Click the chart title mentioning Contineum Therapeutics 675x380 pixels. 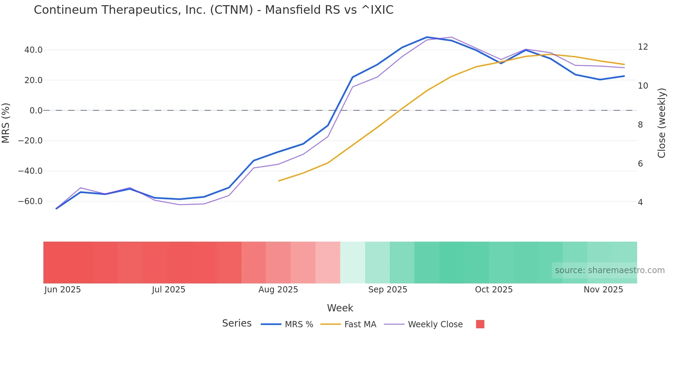click(x=214, y=10)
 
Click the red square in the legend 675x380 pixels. click(x=480, y=324)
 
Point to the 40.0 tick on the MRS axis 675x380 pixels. click(x=33, y=50)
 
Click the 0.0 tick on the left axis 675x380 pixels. click(x=36, y=111)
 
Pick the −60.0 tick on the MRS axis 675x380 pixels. click(x=30, y=201)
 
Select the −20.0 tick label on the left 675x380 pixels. click(x=30, y=141)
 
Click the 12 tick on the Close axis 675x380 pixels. click(x=643, y=47)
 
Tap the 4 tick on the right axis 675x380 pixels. click(x=640, y=202)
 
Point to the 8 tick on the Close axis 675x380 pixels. click(x=640, y=125)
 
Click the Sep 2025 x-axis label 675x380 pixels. click(x=387, y=290)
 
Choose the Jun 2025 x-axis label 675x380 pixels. click(x=62, y=290)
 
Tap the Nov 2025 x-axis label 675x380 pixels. click(x=603, y=290)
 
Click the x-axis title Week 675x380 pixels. click(x=340, y=308)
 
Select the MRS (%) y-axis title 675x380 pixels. click(x=6, y=123)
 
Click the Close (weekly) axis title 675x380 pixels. click(x=662, y=123)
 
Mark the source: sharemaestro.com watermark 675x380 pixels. click(x=610, y=270)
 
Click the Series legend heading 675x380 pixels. click(x=237, y=323)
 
